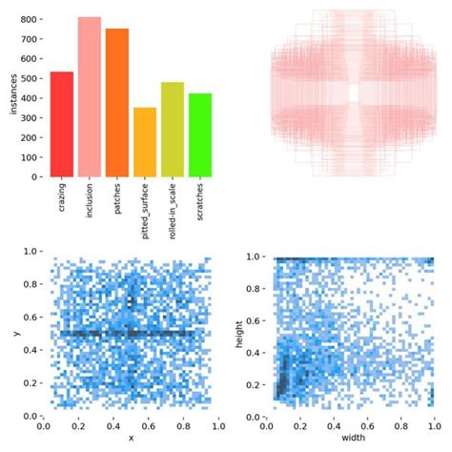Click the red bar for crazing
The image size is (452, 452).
click(61, 124)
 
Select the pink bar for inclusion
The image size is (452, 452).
click(89, 96)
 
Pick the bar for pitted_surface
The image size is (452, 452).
click(144, 142)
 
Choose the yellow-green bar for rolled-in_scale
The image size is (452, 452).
click(172, 129)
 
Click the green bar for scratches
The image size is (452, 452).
click(199, 134)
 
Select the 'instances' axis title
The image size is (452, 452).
click(11, 95)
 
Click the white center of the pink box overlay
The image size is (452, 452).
click(354, 92)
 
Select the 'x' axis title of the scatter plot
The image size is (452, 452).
click(131, 439)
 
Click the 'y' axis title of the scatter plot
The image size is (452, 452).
click(16, 333)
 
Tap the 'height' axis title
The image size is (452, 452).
click(251, 334)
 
